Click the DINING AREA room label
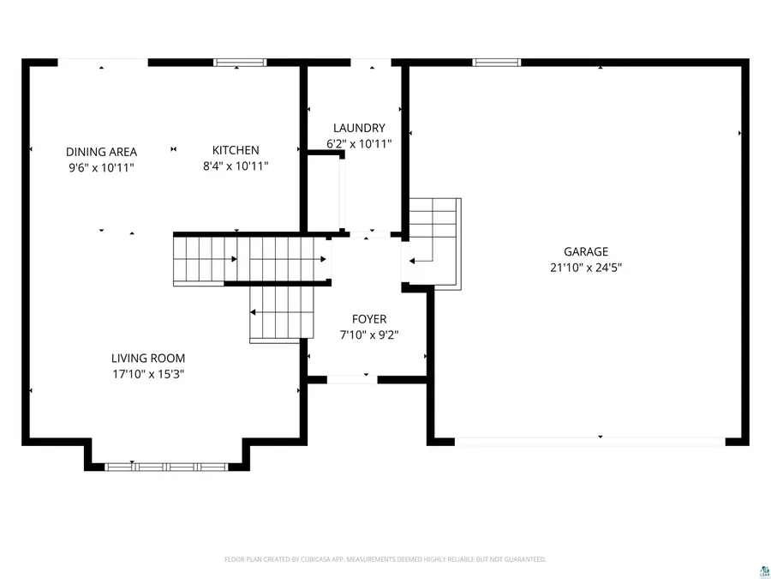pyautogui.click(x=101, y=152)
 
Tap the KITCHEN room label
pyautogui.click(x=236, y=150)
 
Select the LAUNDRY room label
pyautogui.click(x=359, y=129)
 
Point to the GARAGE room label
pyautogui.click(x=586, y=251)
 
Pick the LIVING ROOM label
pyautogui.click(x=148, y=359)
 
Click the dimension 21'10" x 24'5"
pyautogui.click(x=586, y=267)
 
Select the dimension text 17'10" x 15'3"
pyautogui.click(x=148, y=374)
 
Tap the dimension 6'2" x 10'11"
pyautogui.click(x=359, y=144)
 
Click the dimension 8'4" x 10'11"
pyautogui.click(x=236, y=166)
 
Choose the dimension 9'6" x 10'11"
pyautogui.click(x=101, y=167)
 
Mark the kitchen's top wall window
pyautogui.click(x=240, y=62)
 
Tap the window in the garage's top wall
pyautogui.click(x=497, y=62)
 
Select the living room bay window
pyautogui.click(x=166, y=467)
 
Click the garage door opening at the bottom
pyautogui.click(x=589, y=441)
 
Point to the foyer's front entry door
pyautogui.click(x=352, y=378)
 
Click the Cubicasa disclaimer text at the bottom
pyautogui.click(x=385, y=559)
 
